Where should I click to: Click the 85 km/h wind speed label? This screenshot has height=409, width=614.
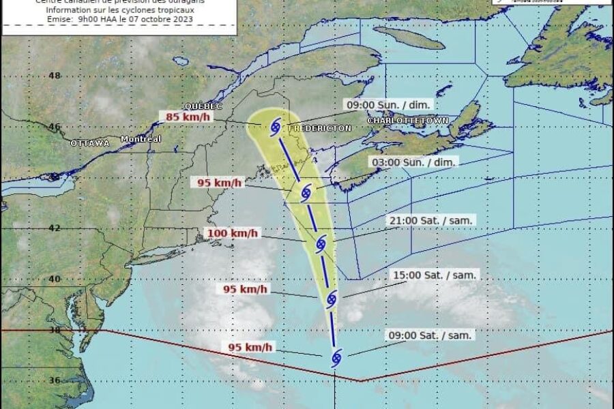click(188, 117)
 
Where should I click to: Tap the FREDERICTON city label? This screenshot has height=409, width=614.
click(320, 128)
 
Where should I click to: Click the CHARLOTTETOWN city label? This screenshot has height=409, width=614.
click(408, 121)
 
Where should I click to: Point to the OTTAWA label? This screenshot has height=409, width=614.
click(90, 143)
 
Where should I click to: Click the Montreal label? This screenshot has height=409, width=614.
click(141, 139)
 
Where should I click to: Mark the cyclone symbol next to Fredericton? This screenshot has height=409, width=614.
click(276, 126)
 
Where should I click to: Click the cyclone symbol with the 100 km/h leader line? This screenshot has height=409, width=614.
click(321, 242)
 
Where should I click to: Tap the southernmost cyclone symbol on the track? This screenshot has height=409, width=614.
click(336, 357)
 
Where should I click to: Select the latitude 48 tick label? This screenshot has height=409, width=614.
click(55, 76)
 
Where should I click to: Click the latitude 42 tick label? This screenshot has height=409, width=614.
click(55, 228)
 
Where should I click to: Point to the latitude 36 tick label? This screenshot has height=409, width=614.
click(55, 380)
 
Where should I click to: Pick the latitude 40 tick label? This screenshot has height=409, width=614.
click(55, 279)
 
